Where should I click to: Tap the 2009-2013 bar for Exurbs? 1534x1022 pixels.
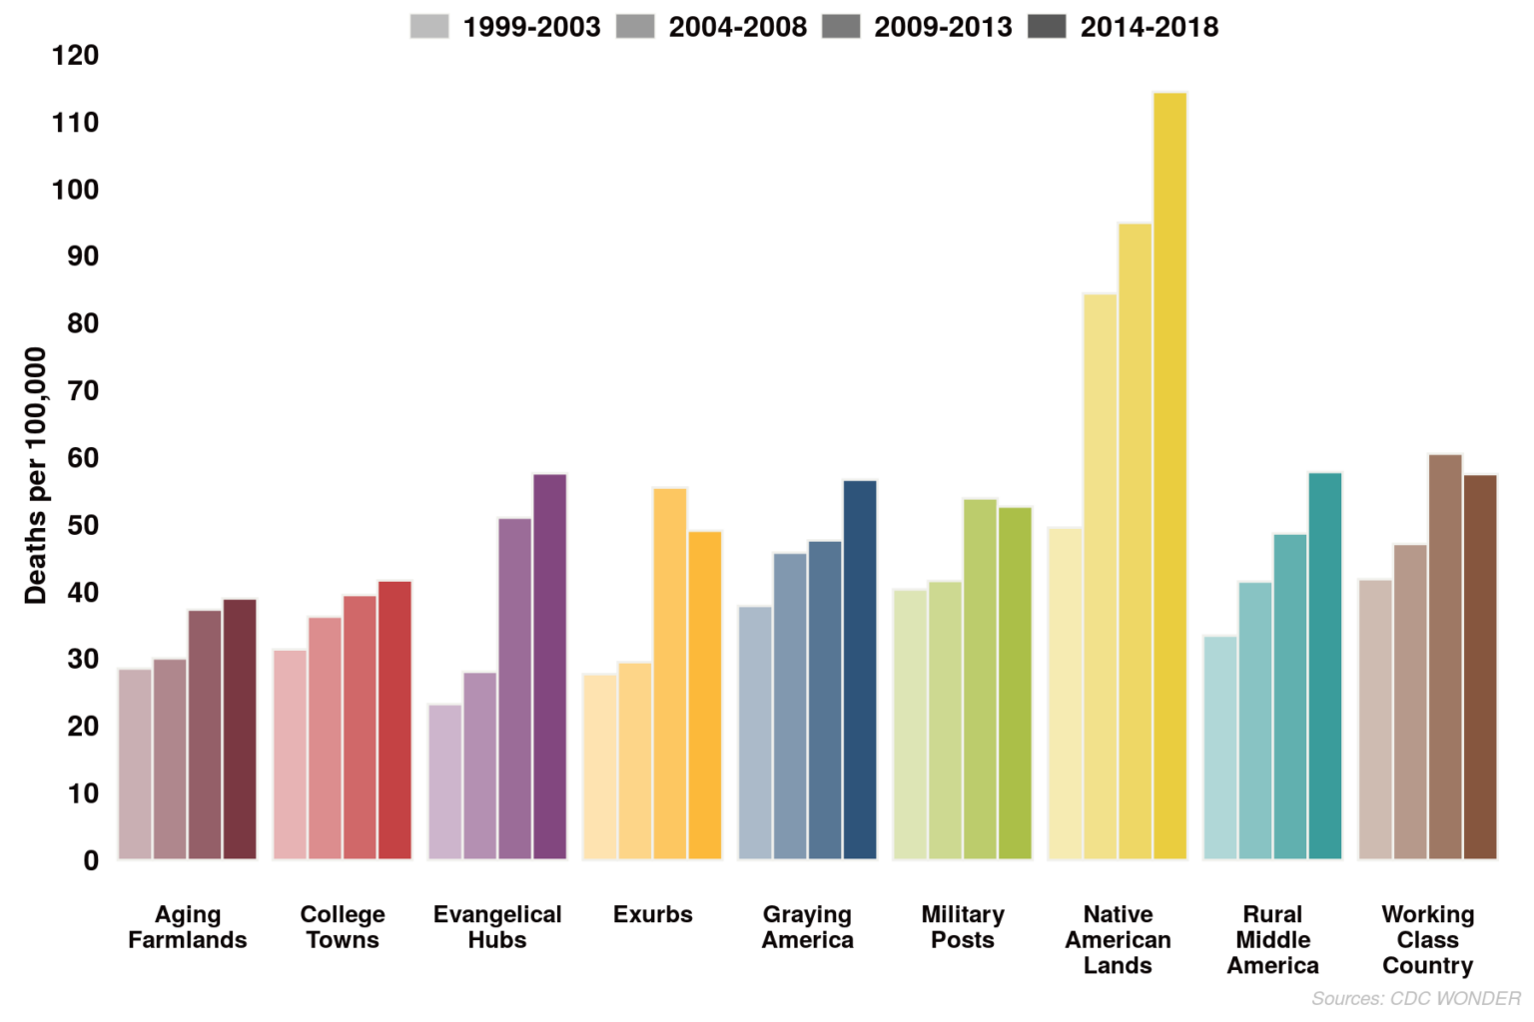[x=670, y=674]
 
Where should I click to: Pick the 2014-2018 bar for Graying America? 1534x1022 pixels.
[x=860, y=670]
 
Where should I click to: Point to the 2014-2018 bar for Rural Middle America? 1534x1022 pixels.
[x=1325, y=666]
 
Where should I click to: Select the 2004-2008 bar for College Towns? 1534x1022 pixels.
[x=325, y=738]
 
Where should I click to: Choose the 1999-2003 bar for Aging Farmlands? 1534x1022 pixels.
[x=135, y=764]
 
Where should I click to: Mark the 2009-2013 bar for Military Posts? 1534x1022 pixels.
[x=980, y=679]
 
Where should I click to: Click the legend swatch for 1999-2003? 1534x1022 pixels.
[x=429, y=26]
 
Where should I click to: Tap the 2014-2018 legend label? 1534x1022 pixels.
[x=1149, y=27]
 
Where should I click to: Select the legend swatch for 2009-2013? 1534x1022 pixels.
[x=841, y=26]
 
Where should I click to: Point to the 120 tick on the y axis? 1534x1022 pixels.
[x=76, y=56]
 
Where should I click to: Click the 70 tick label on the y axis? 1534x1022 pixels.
[x=83, y=391]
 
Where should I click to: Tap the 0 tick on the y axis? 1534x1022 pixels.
[x=91, y=860]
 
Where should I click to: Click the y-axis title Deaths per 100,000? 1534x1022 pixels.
[x=35, y=475]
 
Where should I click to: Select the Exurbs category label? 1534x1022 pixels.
[x=652, y=914]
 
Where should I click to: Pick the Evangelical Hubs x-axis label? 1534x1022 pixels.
[x=497, y=927]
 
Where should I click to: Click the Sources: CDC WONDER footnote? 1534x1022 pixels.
[x=1415, y=998]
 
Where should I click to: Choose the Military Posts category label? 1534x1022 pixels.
[x=963, y=927]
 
